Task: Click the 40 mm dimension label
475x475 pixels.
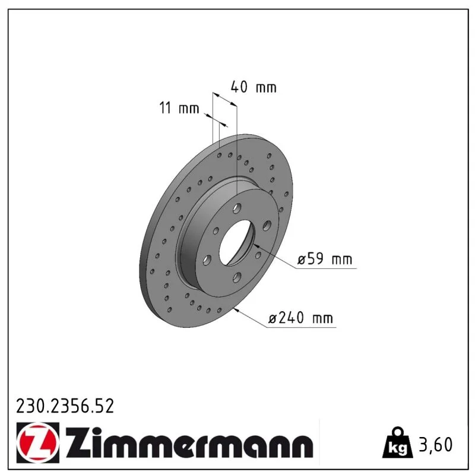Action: (x=254, y=87)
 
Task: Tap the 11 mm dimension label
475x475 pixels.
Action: (x=179, y=108)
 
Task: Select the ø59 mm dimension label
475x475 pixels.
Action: (x=325, y=259)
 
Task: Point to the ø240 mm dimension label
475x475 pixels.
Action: (x=301, y=318)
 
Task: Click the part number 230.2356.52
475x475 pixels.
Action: (x=65, y=406)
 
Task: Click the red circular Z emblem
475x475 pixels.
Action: (x=38, y=442)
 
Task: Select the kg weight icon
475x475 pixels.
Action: (x=398, y=442)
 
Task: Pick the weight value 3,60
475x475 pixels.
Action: (x=436, y=444)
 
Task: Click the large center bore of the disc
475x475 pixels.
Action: (x=237, y=242)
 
